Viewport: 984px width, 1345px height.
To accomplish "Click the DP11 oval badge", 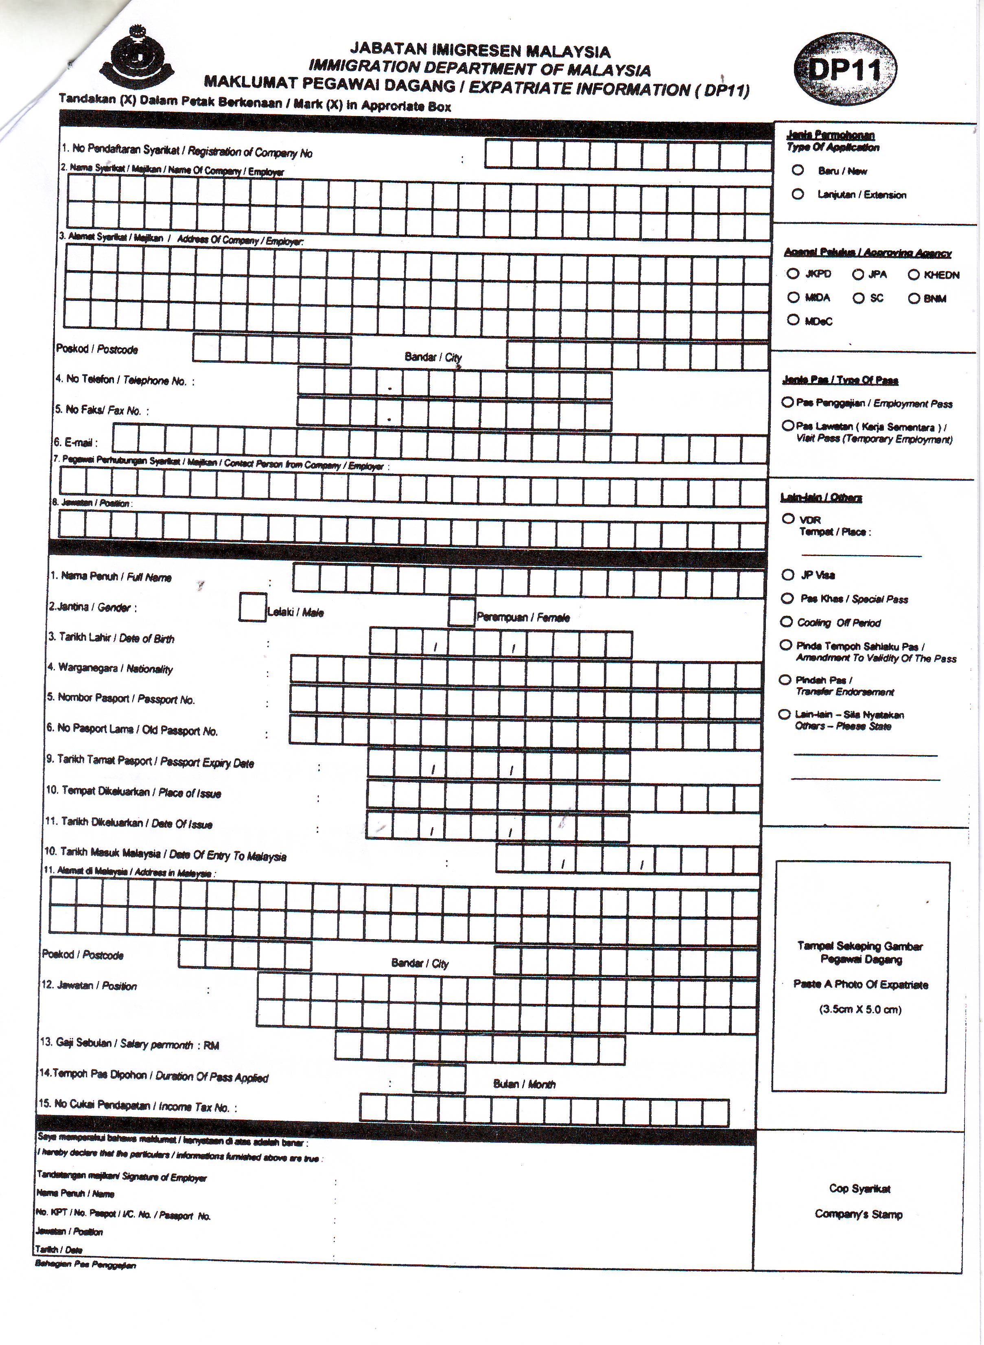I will click(844, 71).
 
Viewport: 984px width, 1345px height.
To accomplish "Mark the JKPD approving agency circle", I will click(792, 274).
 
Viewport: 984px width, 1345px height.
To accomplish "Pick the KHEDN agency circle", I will click(914, 275).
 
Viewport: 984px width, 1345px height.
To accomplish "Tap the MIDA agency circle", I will click(793, 297).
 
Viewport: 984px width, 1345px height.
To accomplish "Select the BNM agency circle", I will click(914, 298).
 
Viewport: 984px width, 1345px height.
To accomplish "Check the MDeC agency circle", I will click(793, 320).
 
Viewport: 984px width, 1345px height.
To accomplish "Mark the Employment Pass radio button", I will click(787, 403).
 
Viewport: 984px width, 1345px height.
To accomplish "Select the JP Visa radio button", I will click(787, 575).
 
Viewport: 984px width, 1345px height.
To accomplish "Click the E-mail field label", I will click(75, 442).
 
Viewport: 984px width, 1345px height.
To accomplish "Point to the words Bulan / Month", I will click(524, 1084).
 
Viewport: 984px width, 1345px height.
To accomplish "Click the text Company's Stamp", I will click(858, 1214).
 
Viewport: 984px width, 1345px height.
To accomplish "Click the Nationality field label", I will click(111, 668).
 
